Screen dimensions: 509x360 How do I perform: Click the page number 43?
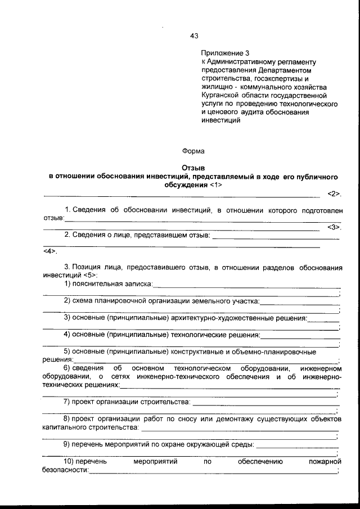[195, 35]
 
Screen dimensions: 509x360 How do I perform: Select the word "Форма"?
[193, 151]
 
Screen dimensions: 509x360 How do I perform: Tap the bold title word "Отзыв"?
[193, 168]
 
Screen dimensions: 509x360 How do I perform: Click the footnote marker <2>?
[334, 194]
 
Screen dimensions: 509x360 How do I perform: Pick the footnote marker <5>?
[89, 276]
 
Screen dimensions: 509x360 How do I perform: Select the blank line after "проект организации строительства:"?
[265, 403]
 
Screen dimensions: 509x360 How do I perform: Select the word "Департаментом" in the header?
[285, 70]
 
